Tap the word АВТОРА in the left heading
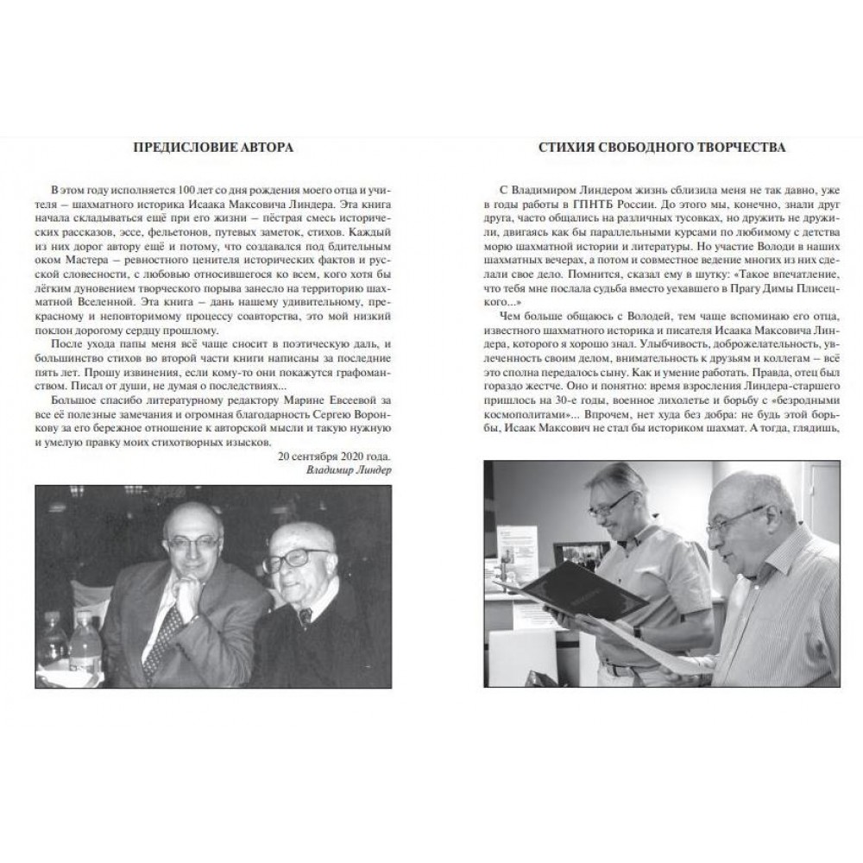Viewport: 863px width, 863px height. (x=264, y=148)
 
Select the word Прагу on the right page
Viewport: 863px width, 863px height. (x=703, y=291)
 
